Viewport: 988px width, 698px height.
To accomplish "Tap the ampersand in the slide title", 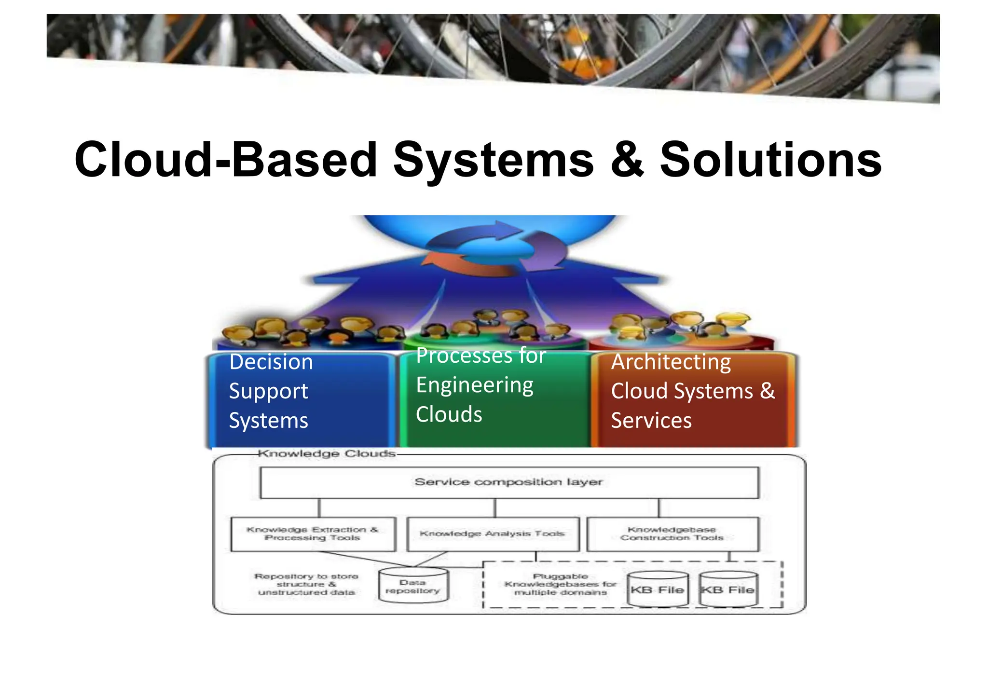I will pos(627,159).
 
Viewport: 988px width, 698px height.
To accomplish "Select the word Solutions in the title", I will pos(770,159).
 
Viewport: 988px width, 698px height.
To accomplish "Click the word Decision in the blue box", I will pos(271,362).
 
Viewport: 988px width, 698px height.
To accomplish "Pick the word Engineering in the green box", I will pos(475,385).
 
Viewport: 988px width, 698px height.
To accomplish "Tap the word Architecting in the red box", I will pos(671,362).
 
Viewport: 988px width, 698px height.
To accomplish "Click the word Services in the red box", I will pos(651,420).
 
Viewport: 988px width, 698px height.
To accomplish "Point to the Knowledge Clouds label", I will pos(327,453).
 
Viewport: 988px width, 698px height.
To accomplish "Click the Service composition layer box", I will pos(509,482).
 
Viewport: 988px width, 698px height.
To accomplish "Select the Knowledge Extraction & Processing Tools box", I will pos(313,534).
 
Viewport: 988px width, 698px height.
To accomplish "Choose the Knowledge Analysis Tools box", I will pos(493,534).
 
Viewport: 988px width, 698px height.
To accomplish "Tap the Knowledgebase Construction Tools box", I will pos(672,534).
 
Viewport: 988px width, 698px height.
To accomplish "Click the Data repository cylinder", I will pos(413,586).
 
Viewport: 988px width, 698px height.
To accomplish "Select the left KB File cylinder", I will pos(658,589).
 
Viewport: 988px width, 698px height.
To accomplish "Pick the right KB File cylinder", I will pos(728,589).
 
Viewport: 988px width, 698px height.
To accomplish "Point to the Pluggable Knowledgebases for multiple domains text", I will pos(560,584).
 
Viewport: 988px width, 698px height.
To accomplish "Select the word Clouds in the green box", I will pos(449,414).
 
